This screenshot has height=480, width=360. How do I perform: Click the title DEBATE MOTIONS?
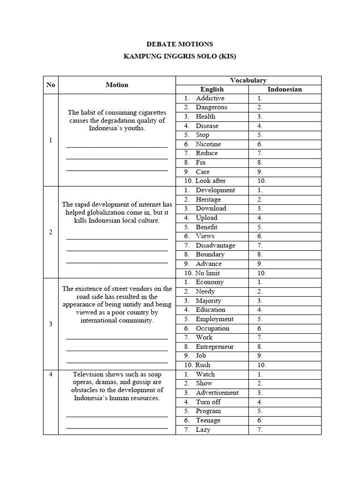coord(180,44)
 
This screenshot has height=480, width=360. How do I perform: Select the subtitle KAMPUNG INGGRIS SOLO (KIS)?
coord(180,57)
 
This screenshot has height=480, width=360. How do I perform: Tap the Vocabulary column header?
coord(248,80)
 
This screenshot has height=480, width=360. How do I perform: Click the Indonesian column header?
coord(285,89)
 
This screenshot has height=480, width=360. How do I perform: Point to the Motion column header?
coord(117,85)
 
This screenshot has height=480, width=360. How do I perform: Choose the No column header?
coord(51,85)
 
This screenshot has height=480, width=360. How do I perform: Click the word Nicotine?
coord(208,144)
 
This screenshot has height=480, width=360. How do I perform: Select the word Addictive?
coord(210,98)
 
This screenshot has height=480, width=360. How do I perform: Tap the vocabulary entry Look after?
coord(210,180)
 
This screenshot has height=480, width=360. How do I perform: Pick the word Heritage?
coord(208,199)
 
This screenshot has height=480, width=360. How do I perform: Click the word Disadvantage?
coord(216,245)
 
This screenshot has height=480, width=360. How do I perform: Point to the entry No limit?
coord(208,273)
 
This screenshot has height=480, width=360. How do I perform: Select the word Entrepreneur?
coord(215,346)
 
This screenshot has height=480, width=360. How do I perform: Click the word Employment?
coord(215,319)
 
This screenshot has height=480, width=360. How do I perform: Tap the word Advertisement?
coord(217,392)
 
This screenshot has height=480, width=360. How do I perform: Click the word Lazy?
coord(203,429)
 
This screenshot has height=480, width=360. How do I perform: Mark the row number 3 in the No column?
coord(51,323)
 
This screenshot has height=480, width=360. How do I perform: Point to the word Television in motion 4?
coord(89,374)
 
